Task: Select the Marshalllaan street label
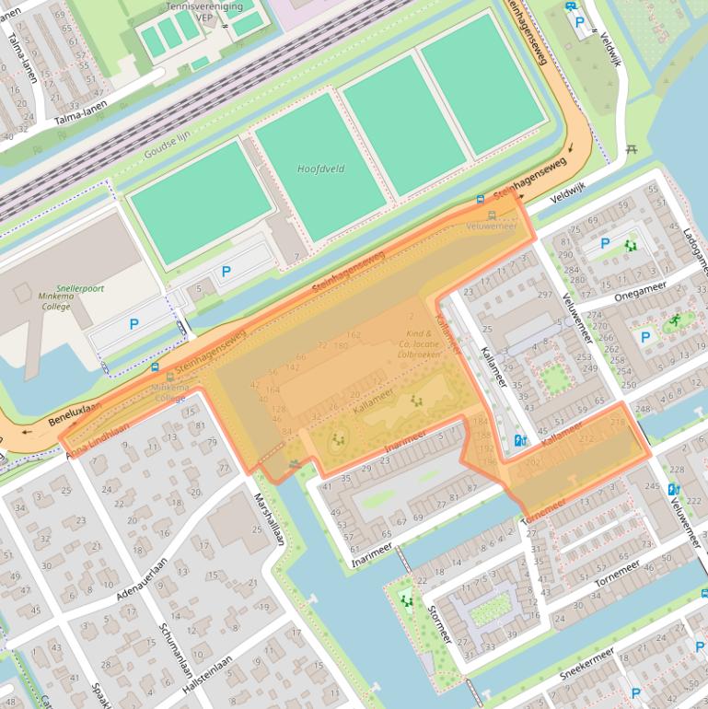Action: [x=270, y=520]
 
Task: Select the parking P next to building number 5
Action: [x=226, y=272]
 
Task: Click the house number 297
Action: [x=545, y=295]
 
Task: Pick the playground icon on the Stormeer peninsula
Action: [x=407, y=601]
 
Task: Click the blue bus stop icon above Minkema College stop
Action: [x=155, y=367]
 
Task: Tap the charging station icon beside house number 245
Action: [x=674, y=489]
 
